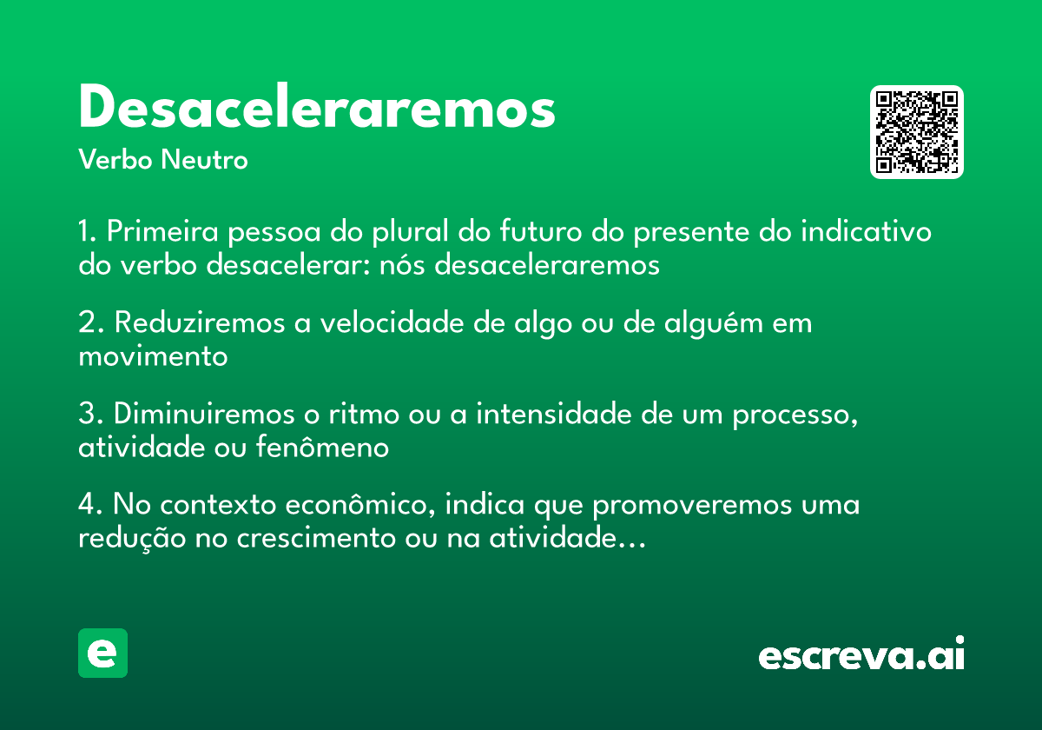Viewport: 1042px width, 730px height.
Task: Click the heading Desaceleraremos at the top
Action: point(317,109)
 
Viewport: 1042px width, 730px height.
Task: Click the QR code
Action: point(917,132)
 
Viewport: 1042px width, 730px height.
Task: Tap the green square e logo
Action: point(102,653)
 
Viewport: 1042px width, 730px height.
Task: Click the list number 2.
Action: point(90,323)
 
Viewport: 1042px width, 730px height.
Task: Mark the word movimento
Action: point(153,356)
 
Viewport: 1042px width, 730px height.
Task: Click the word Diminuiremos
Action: point(206,415)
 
